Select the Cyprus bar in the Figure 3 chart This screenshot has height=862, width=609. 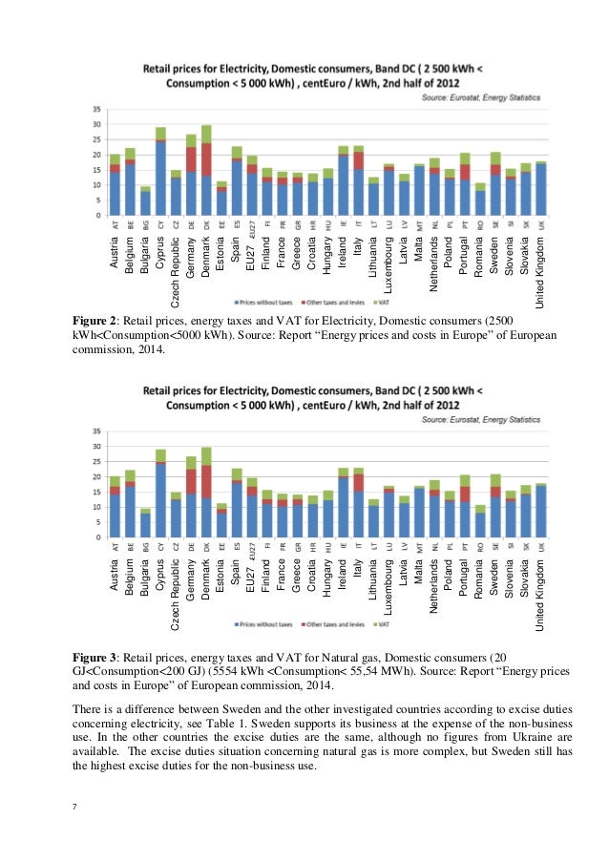click(160, 494)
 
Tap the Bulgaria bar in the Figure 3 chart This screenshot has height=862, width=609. click(145, 524)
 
